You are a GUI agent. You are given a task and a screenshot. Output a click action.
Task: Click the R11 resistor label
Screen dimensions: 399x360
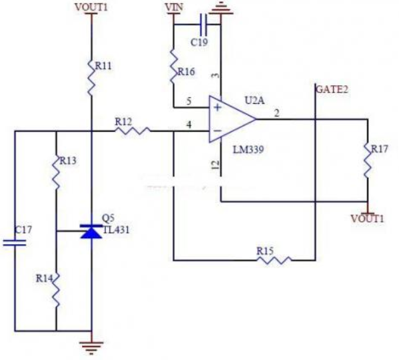pyautogui.click(x=103, y=66)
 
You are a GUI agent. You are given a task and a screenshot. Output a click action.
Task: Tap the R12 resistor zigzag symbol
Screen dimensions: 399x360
pyautogui.click(x=133, y=131)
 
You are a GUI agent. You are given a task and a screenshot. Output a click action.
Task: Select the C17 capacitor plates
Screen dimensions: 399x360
pyautogui.click(x=15, y=243)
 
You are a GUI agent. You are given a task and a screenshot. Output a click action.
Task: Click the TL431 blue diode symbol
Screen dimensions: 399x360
pyautogui.click(x=91, y=232)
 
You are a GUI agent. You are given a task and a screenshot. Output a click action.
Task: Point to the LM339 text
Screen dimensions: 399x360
pyautogui.click(x=248, y=150)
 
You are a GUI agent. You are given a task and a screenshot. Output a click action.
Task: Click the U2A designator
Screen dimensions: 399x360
pyautogui.click(x=254, y=100)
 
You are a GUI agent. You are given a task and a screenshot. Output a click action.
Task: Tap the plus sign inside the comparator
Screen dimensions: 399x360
pyautogui.click(x=217, y=108)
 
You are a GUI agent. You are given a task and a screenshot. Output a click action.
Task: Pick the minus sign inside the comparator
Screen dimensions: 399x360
pyautogui.click(x=217, y=131)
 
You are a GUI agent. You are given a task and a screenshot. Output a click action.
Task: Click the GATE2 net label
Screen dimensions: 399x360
pyautogui.click(x=332, y=89)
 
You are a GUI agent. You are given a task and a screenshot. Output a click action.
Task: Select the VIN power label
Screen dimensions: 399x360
pyautogui.click(x=174, y=7)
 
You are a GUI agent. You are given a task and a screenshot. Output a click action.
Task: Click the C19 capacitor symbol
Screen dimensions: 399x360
pyautogui.click(x=203, y=25)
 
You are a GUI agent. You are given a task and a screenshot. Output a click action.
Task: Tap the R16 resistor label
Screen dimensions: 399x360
pyautogui.click(x=186, y=72)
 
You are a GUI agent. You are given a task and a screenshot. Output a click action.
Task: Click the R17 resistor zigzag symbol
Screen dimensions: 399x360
pyautogui.click(x=368, y=160)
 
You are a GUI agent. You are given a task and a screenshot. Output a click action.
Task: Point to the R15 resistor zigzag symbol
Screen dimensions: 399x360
pyautogui.click(x=274, y=260)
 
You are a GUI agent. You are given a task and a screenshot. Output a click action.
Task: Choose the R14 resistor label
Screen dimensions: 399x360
pyautogui.click(x=44, y=279)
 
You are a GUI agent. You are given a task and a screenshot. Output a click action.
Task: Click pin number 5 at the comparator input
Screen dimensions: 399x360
pyautogui.click(x=189, y=101)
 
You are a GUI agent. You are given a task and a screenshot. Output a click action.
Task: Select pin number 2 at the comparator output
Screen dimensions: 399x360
pyautogui.click(x=277, y=113)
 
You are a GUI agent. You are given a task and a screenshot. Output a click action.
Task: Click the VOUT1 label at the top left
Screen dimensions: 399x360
pyautogui.click(x=91, y=7)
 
